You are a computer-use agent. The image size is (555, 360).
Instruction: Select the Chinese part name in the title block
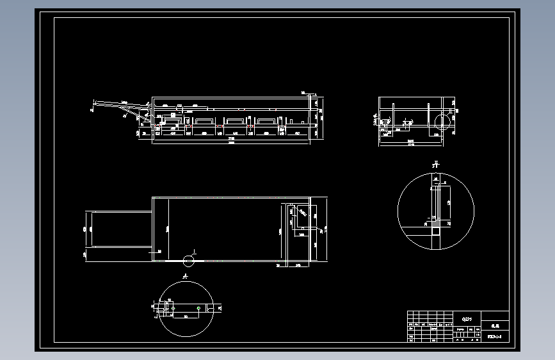click(494, 325)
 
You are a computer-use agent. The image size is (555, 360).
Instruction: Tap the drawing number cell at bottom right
click(494, 336)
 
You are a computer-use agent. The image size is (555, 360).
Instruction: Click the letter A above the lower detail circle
click(185, 277)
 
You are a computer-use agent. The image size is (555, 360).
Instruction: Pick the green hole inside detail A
click(199, 308)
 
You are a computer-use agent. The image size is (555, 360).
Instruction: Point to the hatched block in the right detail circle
click(435, 204)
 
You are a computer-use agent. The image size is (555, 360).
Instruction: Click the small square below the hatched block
click(435, 225)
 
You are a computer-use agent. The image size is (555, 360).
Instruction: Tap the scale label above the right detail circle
click(435, 165)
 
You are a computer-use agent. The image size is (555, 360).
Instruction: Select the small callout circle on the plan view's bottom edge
click(188, 260)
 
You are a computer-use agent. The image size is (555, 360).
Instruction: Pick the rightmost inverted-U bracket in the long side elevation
click(266, 120)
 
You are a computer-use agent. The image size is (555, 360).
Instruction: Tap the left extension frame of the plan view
click(120, 229)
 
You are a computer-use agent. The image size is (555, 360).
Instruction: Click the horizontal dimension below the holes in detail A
click(186, 316)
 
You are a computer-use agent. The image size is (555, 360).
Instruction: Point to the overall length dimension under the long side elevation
click(231, 142)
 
